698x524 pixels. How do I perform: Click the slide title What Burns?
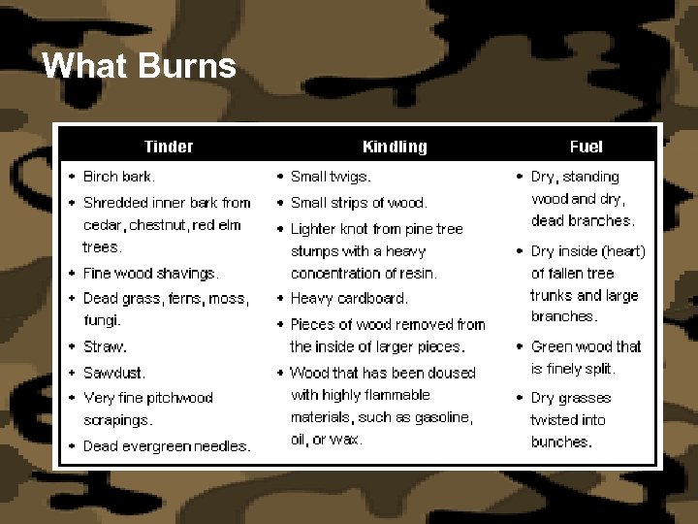(x=140, y=66)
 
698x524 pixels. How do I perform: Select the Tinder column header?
(x=169, y=147)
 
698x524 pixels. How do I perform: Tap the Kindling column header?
(x=395, y=147)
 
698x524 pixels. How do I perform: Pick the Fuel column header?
(x=586, y=147)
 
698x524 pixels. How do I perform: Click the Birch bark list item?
(x=119, y=177)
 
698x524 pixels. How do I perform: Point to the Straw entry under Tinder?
(x=105, y=346)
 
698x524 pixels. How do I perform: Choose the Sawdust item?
(x=114, y=373)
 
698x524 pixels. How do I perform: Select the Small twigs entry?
(x=331, y=177)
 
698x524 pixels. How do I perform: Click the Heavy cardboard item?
(x=349, y=299)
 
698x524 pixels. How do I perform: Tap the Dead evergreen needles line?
(x=167, y=446)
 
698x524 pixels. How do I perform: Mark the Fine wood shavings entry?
(x=151, y=274)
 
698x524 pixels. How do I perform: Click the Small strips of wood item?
(x=359, y=203)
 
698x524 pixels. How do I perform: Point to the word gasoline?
(x=442, y=417)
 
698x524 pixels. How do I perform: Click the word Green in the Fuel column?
(x=552, y=346)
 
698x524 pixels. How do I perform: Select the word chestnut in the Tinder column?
(x=159, y=225)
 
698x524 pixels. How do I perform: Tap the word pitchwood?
(x=179, y=398)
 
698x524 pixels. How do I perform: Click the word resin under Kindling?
(x=418, y=274)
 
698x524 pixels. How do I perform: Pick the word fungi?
(x=101, y=320)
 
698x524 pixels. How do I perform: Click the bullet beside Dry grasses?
(x=520, y=398)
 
